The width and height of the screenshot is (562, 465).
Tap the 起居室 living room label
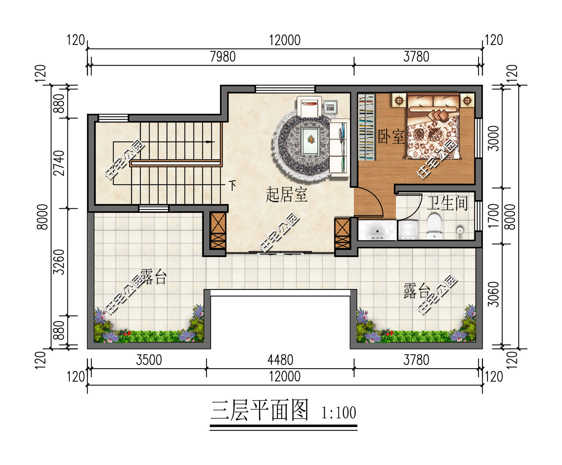286,195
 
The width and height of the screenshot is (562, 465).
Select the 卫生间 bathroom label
447,203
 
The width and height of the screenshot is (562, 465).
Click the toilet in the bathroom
434,226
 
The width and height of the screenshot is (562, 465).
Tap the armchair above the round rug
309,106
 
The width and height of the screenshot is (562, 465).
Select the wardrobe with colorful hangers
367,127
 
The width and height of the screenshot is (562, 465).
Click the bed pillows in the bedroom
433,102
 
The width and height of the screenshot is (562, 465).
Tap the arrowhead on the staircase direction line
210,142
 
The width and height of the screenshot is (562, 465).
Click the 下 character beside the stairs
232,185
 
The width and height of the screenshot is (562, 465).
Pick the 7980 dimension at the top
222,57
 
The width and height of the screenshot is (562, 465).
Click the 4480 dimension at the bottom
280,360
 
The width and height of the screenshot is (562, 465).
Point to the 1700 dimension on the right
493,216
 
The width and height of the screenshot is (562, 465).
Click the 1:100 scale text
338,413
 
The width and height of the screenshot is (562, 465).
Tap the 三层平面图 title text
259,411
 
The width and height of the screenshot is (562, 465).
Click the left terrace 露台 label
153,277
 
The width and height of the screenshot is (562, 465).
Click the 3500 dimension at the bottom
149,360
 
